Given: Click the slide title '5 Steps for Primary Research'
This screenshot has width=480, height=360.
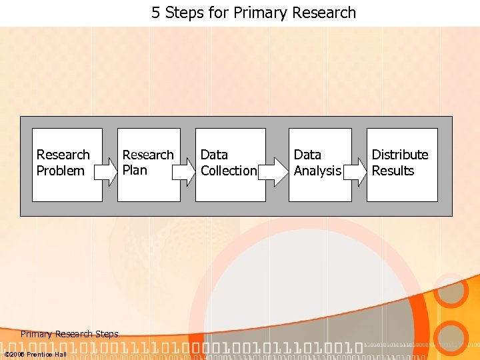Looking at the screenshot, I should click(253, 13).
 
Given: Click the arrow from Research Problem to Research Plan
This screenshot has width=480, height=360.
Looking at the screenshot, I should click(105, 171).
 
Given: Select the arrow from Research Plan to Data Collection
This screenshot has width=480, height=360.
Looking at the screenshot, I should click(183, 171).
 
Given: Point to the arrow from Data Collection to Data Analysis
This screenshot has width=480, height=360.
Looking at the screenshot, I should click(269, 171).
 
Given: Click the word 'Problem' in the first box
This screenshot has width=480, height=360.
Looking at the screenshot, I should click(60, 171).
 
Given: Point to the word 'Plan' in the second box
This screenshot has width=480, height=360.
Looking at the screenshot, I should click(135, 170).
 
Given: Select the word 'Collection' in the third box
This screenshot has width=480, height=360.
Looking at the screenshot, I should click(229, 171).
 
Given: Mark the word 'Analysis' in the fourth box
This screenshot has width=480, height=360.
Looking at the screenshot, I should click(317, 171).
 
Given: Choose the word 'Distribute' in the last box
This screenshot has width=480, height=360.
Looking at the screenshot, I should click(400, 155).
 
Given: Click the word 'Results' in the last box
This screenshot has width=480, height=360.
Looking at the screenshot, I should click(393, 171).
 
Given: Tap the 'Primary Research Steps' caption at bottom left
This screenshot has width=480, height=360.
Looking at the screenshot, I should click(69, 334).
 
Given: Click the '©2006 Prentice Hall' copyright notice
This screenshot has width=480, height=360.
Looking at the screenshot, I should click(35, 354).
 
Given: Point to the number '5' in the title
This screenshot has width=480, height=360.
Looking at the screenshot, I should click(155, 13).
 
